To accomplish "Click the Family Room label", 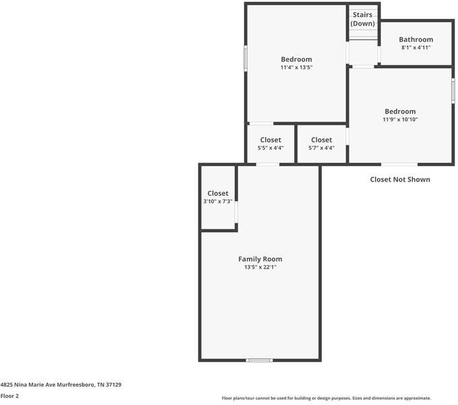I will [x=260, y=259].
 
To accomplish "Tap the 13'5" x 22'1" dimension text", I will [x=260, y=267].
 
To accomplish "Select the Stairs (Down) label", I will [x=362, y=19].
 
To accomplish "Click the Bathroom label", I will [x=416, y=40].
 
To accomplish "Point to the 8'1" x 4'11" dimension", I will [x=416, y=48].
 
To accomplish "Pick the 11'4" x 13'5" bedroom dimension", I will [x=296, y=67].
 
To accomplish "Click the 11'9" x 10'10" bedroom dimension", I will [x=400, y=119].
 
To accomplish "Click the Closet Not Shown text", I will [x=400, y=180].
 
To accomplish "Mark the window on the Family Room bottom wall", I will [x=259, y=360].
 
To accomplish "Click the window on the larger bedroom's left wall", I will [x=246, y=58].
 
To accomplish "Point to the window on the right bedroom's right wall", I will [x=453, y=89].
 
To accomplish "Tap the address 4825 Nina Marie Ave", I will [x=61, y=384].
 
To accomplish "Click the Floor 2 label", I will [x=9, y=396].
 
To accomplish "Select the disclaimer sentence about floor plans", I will [x=326, y=398].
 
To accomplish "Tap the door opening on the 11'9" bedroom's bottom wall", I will [x=399, y=164].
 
